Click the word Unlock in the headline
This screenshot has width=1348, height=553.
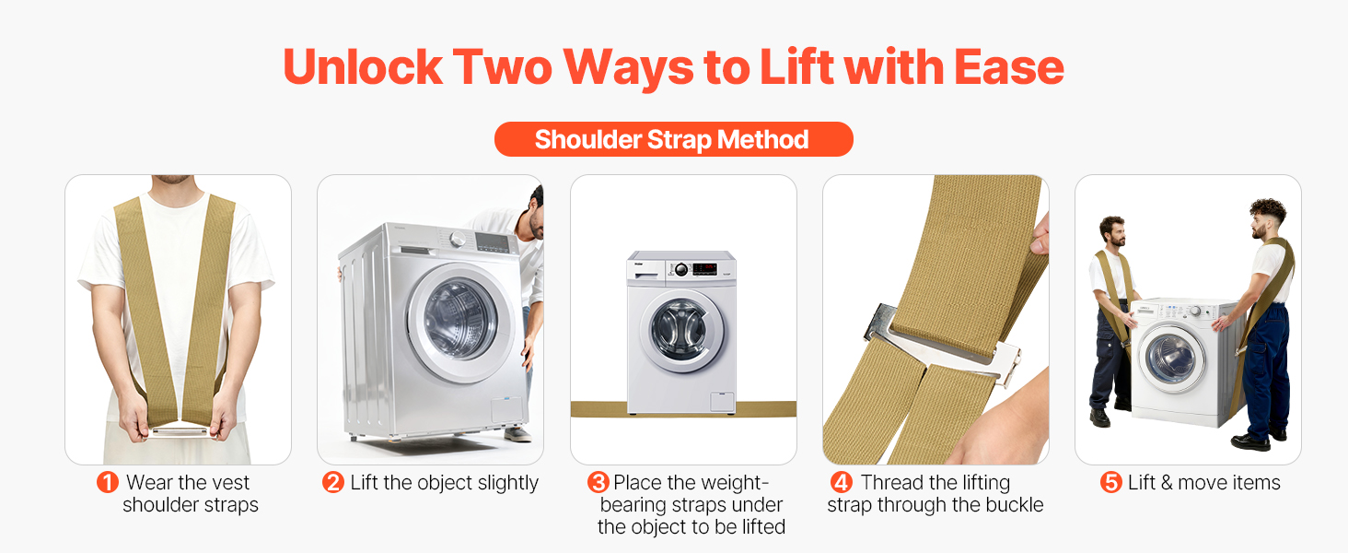click(363, 67)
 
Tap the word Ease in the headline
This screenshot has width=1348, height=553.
click(1008, 67)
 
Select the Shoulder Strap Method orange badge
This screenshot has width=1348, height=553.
click(673, 139)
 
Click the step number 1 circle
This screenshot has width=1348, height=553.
click(108, 482)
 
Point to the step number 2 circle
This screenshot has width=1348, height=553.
click(332, 482)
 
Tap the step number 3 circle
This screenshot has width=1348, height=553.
click(598, 482)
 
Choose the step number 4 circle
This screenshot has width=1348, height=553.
click(842, 482)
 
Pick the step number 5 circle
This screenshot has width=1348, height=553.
click(1110, 482)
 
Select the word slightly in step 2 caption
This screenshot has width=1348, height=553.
click(508, 483)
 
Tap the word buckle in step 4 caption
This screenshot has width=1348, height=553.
click(1014, 505)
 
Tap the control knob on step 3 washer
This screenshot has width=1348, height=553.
click(681, 269)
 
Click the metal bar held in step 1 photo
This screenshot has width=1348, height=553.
click(179, 430)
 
